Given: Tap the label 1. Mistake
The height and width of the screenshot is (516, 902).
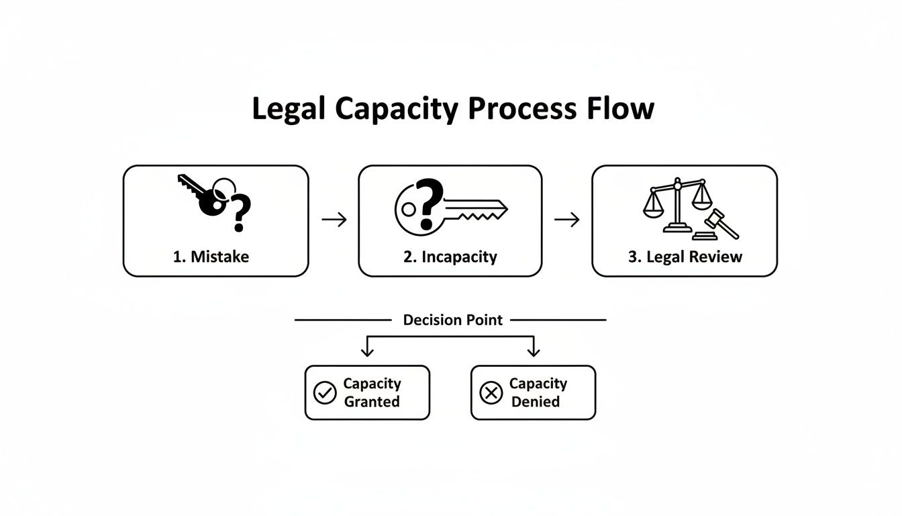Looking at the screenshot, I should click(x=211, y=257).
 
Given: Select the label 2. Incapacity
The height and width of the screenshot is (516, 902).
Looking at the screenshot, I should click(x=450, y=257).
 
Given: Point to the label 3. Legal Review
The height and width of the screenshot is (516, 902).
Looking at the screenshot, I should click(x=685, y=257).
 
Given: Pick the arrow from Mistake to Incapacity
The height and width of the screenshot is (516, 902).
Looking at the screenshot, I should click(x=334, y=220).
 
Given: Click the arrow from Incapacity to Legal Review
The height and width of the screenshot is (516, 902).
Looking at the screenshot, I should click(x=566, y=220).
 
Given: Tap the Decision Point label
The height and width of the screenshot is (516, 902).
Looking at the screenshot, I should click(x=452, y=320).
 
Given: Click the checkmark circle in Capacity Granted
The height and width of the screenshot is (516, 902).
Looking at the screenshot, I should click(x=325, y=393).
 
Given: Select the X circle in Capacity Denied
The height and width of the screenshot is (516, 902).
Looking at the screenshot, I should click(x=491, y=393).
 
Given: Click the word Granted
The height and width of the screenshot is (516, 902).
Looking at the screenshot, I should click(x=371, y=402).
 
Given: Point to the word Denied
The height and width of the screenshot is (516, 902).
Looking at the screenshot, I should click(x=535, y=402).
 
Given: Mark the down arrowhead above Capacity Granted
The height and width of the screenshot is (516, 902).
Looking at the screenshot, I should click(x=366, y=351).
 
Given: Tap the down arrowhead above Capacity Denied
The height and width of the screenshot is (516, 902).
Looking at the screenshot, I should click(x=534, y=351).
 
